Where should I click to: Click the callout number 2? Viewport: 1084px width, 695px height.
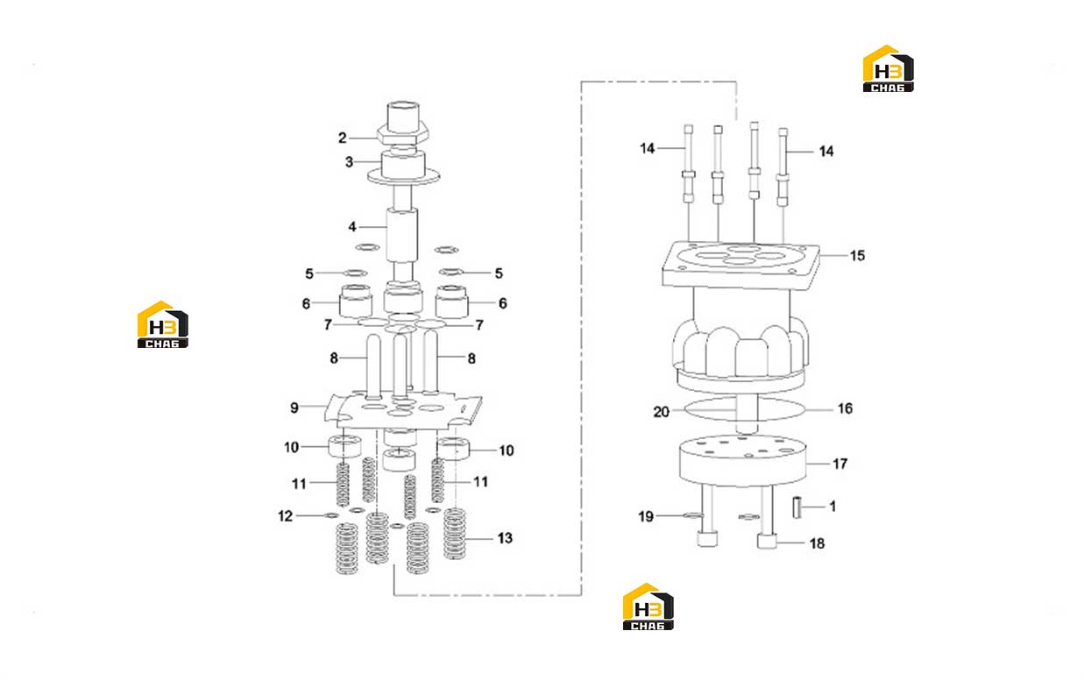coord(342,138)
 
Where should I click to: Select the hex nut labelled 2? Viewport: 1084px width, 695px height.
coord(403,132)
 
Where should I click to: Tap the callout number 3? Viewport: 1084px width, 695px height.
coord(349,162)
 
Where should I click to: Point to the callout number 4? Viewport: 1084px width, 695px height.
coord(352,226)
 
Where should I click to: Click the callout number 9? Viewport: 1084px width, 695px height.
coord(294,408)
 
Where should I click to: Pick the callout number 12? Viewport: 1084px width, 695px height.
coord(286,516)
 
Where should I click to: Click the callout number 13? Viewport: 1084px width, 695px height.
coord(505,538)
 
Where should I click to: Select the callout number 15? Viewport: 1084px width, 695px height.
coord(858,256)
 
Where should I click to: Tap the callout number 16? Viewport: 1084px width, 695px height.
coord(845,409)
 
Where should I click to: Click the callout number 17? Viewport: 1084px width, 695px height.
coord(840,465)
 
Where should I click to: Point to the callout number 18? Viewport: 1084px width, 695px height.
coord(817,544)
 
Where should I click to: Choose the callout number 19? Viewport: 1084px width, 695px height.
coord(646,517)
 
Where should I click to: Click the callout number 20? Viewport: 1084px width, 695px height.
coord(661,412)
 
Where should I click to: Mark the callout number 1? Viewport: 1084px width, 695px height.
coord(832,507)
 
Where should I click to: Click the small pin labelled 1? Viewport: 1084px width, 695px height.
coord(797,507)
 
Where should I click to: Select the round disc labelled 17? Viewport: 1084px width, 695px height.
coord(742,461)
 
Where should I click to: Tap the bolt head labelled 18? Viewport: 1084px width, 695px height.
coord(767,541)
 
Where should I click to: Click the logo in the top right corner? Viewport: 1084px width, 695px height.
coord(888,68)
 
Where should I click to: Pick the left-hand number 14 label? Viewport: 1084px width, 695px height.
coord(647,149)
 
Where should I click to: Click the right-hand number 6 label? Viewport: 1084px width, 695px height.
coord(503,303)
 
